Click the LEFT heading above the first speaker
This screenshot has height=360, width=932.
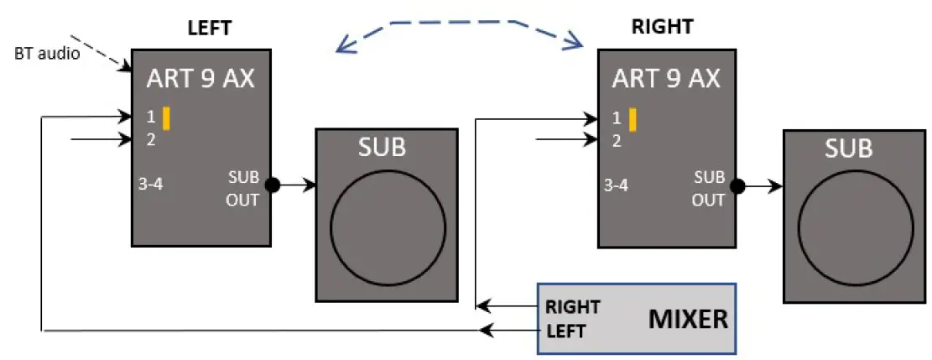(209, 27)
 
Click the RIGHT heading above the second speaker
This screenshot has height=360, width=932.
(662, 26)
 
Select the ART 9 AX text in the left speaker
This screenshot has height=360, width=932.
(200, 79)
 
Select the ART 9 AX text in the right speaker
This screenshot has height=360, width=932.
(666, 79)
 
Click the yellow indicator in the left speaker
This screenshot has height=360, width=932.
(167, 118)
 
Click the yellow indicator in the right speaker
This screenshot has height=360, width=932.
(633, 119)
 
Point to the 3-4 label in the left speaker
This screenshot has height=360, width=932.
(151, 185)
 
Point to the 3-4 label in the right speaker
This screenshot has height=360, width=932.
(617, 185)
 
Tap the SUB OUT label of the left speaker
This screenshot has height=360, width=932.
(244, 189)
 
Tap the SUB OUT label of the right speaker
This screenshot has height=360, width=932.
(710, 189)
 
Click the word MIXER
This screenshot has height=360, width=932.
(685, 319)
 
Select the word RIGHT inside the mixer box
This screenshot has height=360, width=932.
(572, 306)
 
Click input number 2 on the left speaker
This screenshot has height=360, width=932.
(151, 139)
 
